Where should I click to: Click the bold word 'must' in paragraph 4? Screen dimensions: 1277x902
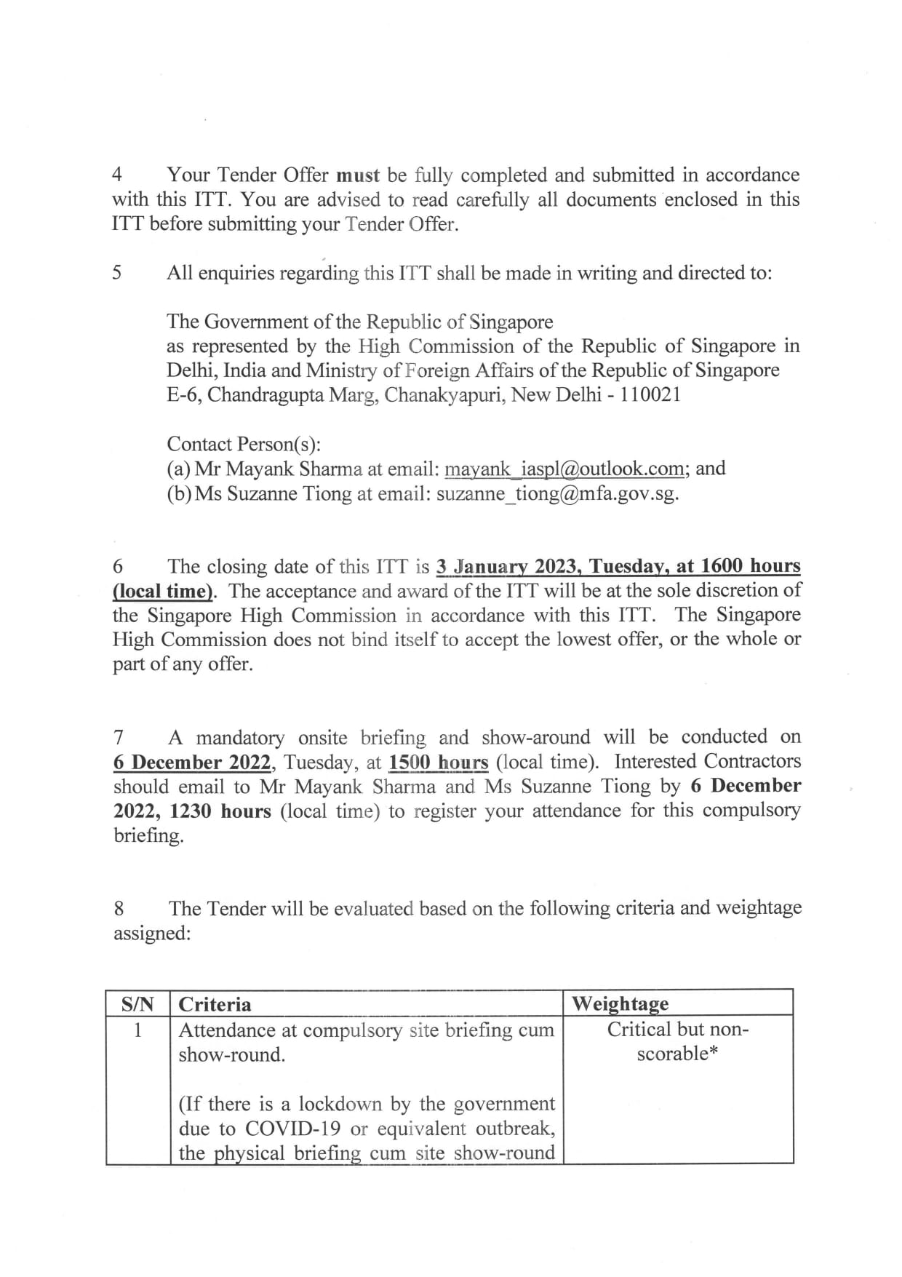tap(358, 175)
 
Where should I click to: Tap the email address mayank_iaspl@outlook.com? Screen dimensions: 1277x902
tap(564, 469)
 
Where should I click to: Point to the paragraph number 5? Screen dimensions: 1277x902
tap(118, 274)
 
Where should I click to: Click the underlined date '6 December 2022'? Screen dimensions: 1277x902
tap(191, 763)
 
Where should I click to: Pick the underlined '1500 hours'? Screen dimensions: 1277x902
tap(438, 763)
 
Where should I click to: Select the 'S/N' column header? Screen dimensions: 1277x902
tap(137, 1005)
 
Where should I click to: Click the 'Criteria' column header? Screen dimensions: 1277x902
tap(215, 1005)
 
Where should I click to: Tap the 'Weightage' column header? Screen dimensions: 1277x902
tap(620, 1004)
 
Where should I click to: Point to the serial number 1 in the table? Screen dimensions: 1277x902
tap(137, 1030)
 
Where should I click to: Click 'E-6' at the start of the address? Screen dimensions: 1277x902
tap(181, 395)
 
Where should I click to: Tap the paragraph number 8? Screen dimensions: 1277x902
tap(119, 909)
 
